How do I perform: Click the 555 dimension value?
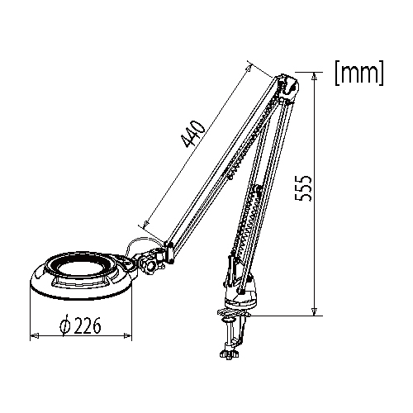303,188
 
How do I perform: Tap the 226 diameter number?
88,325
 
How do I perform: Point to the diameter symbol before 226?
65,325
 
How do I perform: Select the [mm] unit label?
359,72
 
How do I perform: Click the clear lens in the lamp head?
82,268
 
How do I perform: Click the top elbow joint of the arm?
288,88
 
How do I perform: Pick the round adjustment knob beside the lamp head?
149,266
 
